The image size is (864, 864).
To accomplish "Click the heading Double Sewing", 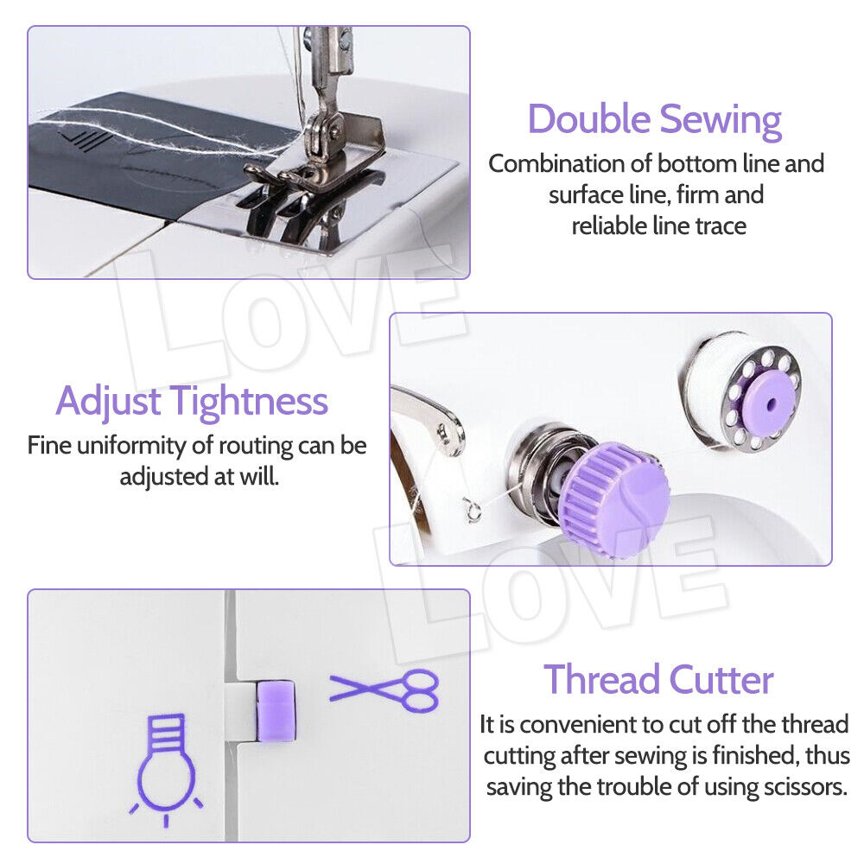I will point(654,120).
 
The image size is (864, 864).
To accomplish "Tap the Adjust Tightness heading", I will point(192,402).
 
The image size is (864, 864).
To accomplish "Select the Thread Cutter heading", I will point(658,681).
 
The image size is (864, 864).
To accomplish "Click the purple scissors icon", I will point(384,689).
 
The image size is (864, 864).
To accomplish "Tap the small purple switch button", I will point(275,709).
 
